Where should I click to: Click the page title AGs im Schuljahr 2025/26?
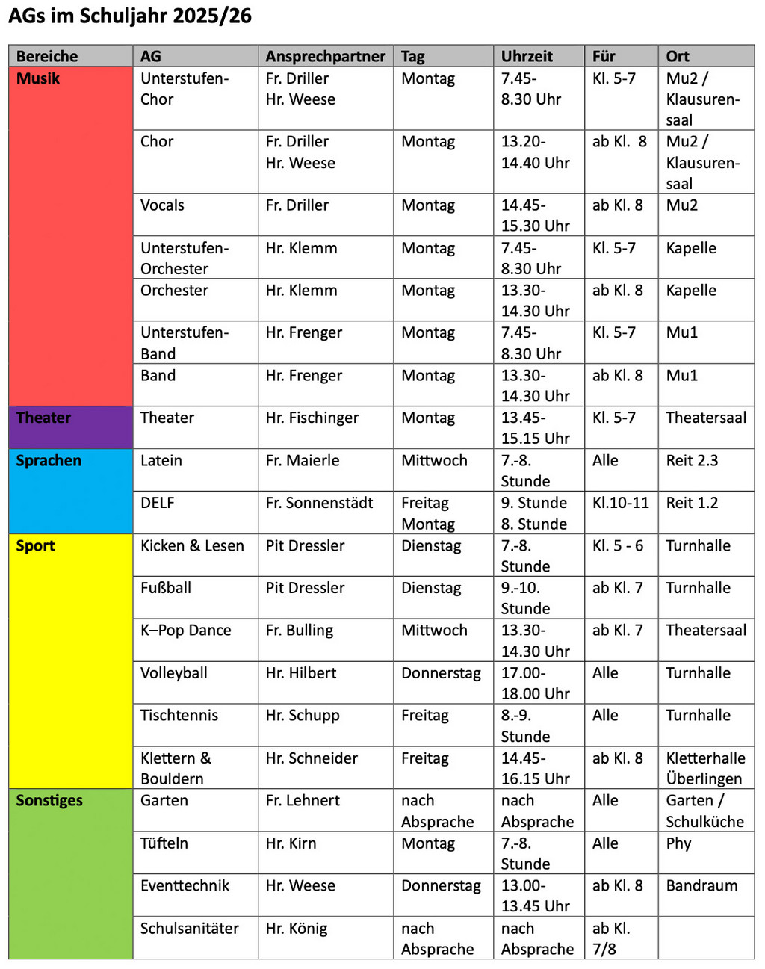click(x=130, y=16)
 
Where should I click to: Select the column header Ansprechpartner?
click(x=325, y=56)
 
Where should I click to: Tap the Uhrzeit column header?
click(x=527, y=56)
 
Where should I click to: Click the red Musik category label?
click(x=38, y=78)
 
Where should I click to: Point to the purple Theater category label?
click(x=43, y=418)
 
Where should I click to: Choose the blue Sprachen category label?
click(x=49, y=460)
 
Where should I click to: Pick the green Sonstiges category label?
click(x=49, y=800)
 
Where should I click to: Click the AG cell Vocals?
click(x=162, y=205)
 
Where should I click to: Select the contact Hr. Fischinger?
click(x=312, y=418)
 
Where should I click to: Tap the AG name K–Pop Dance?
click(x=186, y=631)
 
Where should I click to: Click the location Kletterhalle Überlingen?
click(x=705, y=768)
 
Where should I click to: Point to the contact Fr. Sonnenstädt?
click(x=319, y=503)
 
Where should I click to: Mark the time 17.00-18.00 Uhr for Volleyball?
click(x=535, y=683)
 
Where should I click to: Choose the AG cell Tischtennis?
click(x=179, y=715)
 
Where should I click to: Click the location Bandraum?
click(x=701, y=885)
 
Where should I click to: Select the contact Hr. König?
click(x=297, y=929)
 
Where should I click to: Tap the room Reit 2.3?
click(x=692, y=460)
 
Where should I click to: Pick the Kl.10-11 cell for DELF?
click(x=620, y=503)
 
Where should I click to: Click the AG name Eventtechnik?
click(x=185, y=885)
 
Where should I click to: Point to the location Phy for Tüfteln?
click(x=678, y=843)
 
